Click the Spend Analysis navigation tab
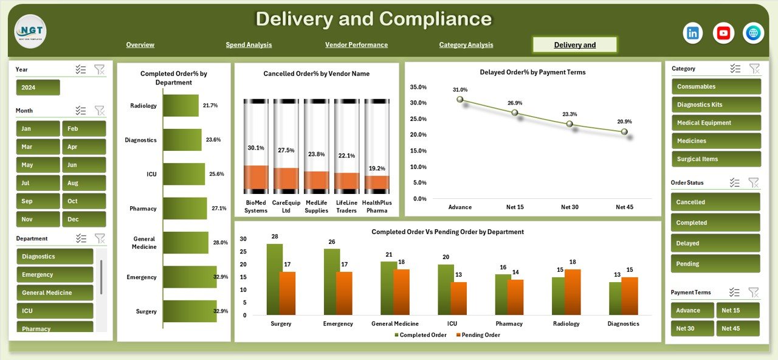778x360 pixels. click(249, 45)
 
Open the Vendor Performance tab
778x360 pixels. click(356, 45)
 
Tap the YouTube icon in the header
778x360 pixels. click(723, 33)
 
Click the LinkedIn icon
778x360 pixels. click(693, 33)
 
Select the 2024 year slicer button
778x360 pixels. click(38, 88)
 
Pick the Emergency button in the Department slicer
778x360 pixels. click(55, 275)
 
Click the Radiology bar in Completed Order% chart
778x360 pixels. click(181, 106)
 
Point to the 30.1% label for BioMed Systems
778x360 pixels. click(256, 148)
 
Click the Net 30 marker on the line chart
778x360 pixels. click(570, 123)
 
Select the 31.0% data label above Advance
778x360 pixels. click(460, 90)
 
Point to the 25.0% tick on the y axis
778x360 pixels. click(418, 119)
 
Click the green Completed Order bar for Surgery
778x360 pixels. click(274, 279)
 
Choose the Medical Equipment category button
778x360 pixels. click(715, 123)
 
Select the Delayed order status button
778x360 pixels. click(715, 243)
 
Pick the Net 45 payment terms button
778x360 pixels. click(738, 328)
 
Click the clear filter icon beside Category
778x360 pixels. click(754, 69)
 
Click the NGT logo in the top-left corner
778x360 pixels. click(30, 32)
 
